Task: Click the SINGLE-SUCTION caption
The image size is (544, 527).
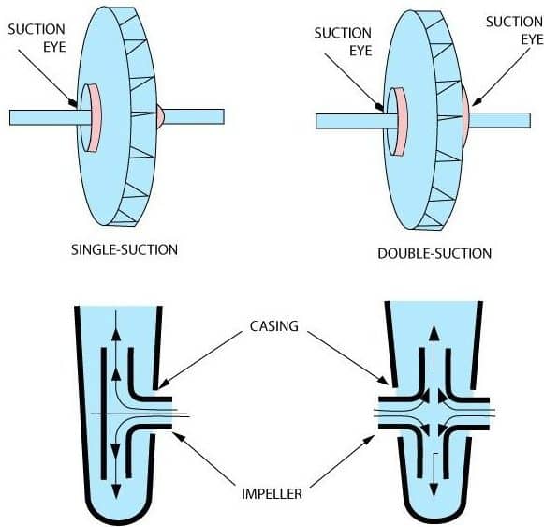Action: [125, 250]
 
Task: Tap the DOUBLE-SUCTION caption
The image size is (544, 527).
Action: [434, 253]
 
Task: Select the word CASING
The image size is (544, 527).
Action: [274, 326]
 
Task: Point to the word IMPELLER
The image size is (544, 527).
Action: [272, 493]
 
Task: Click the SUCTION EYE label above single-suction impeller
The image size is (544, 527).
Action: [37, 38]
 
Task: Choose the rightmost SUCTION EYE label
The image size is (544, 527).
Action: [515, 31]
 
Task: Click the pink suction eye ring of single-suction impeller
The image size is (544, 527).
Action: [94, 118]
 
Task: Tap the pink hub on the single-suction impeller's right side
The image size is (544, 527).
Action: [160, 116]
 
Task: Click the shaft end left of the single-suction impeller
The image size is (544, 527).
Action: [9, 118]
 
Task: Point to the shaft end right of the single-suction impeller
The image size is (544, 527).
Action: [224, 116]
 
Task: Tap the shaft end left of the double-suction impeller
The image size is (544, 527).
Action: [316, 121]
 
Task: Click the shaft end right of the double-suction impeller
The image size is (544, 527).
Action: [530, 120]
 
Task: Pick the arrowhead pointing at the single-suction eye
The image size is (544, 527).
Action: [74, 103]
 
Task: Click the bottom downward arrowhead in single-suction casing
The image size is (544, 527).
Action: [116, 491]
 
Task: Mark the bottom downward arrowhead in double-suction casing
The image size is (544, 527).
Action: [433, 490]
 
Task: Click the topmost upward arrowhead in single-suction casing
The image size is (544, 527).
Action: [116, 335]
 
